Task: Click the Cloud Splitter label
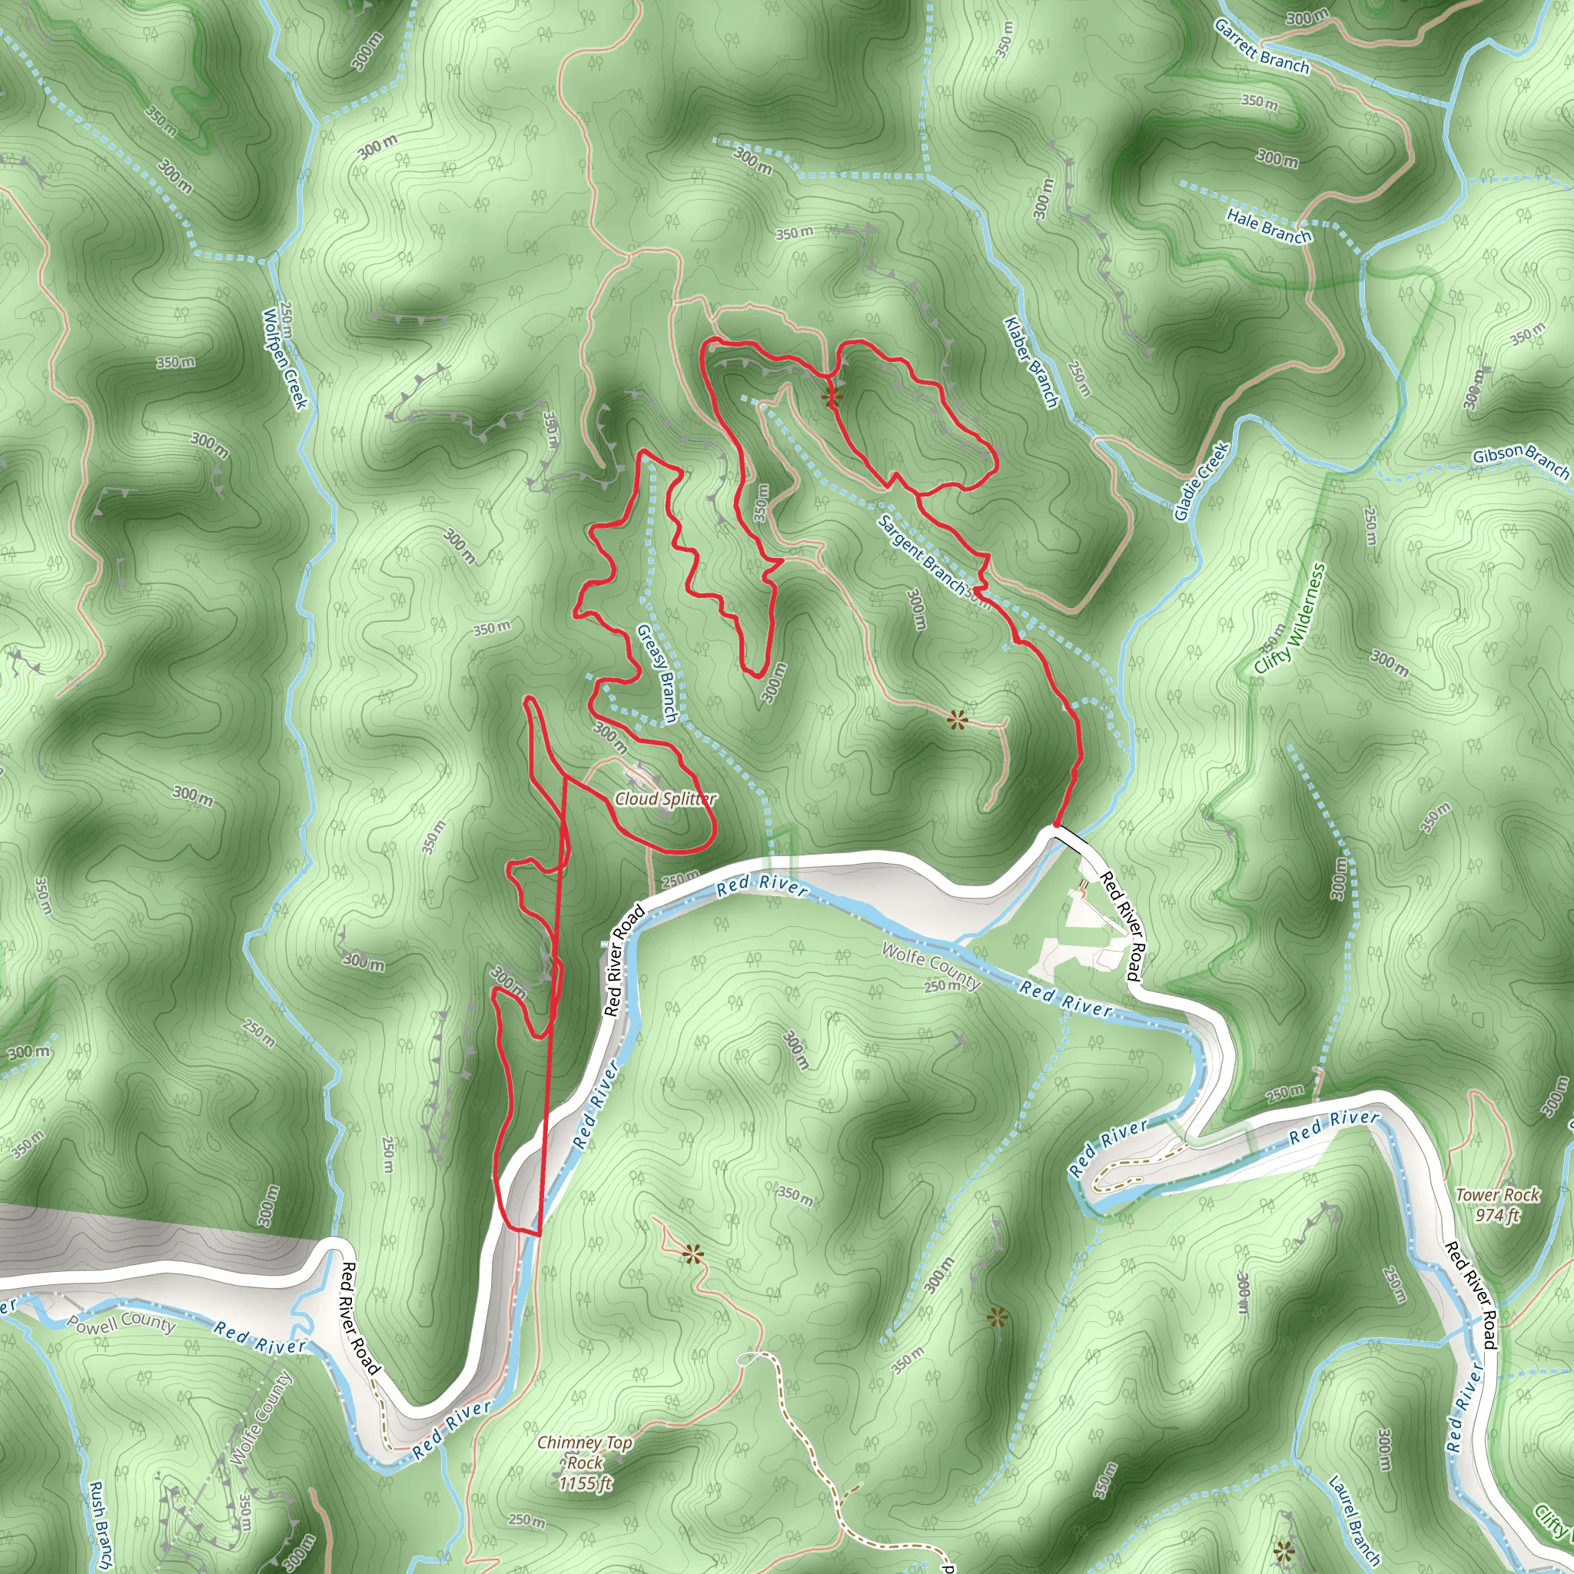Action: (x=665, y=799)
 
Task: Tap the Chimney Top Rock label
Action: (x=584, y=1463)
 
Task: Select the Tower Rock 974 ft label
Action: (x=1497, y=1205)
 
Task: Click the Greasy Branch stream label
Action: (x=656, y=674)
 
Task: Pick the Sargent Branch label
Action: (x=923, y=555)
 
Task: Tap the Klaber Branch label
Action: (x=1031, y=363)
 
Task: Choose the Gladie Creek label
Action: (x=1201, y=481)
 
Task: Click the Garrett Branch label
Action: (x=1261, y=47)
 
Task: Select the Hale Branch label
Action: (x=1270, y=226)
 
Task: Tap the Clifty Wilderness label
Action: (x=1290, y=619)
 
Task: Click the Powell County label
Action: (x=121, y=1322)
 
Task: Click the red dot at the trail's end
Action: (x=1057, y=825)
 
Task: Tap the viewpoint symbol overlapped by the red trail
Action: (x=831, y=397)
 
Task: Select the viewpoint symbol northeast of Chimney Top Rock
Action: (x=693, y=1254)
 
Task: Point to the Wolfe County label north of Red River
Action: (x=931, y=966)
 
